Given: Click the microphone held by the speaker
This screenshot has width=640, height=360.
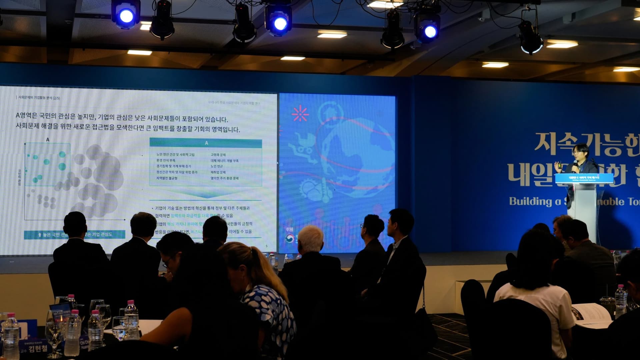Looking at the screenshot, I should point(576,162).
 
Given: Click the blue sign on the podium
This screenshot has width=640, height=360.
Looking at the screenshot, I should point(584,178).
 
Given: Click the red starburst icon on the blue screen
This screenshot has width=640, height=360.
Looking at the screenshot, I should point(300,114).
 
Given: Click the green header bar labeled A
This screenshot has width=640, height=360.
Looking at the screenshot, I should point(206,143).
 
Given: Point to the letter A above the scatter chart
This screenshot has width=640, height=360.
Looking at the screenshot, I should point(48,140).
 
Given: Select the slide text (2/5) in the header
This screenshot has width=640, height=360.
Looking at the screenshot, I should point(56,98).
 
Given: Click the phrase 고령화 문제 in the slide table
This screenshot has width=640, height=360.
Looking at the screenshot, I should point(218,155).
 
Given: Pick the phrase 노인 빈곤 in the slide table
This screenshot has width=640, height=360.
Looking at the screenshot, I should point(217,166).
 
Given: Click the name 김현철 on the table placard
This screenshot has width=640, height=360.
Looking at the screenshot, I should point(38,349).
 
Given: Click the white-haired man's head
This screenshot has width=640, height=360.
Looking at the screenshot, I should point(310,238).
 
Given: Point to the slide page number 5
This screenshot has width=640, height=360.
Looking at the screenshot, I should point(266,246).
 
